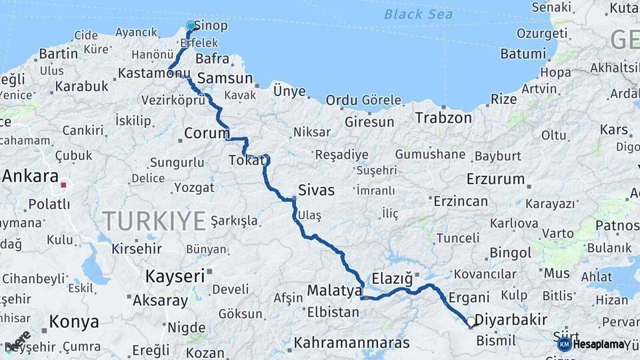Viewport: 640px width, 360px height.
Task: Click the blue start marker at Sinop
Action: click(x=191, y=26)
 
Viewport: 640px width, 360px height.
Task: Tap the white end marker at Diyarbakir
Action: click(x=471, y=322)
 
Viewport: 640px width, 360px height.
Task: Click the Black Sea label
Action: click(x=418, y=14)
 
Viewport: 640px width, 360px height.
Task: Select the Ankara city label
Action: click(x=30, y=177)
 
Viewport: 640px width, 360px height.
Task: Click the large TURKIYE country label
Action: click(x=154, y=221)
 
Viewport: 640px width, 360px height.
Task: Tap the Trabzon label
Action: click(x=443, y=118)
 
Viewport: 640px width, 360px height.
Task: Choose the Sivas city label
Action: click(x=316, y=190)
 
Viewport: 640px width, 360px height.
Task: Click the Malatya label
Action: click(x=334, y=291)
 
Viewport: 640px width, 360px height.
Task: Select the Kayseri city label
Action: click(x=175, y=276)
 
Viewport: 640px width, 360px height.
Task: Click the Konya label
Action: click(x=74, y=322)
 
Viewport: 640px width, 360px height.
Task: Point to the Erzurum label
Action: click(x=495, y=179)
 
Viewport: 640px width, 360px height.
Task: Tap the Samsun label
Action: click(x=225, y=78)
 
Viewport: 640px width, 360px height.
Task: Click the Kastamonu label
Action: click(x=154, y=73)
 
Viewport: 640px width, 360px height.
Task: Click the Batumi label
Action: click(x=523, y=53)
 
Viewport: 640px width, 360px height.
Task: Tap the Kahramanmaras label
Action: click(x=351, y=343)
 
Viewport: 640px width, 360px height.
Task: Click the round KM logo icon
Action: click(x=564, y=344)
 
